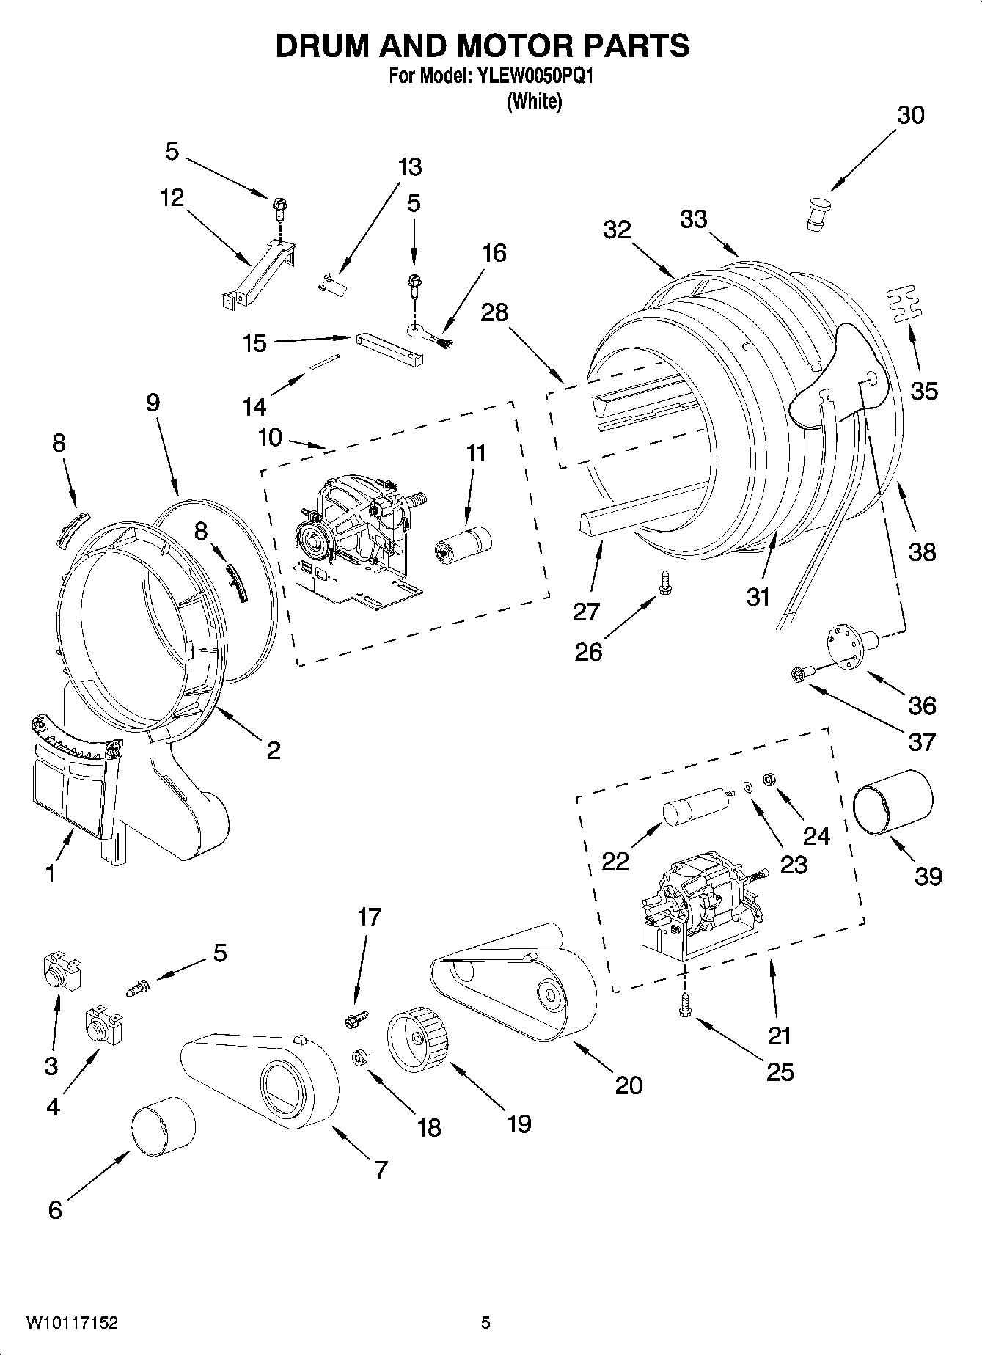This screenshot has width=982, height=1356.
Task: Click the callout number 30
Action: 911,115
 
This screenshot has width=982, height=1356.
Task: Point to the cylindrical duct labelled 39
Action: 893,802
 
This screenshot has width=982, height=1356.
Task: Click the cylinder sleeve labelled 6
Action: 164,1129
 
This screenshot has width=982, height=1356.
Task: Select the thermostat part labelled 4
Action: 102,1024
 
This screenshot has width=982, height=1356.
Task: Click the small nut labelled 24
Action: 769,779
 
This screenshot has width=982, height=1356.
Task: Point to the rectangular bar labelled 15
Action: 390,351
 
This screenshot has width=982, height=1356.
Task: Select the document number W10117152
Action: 72,1322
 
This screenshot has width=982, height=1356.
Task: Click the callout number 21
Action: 779,1035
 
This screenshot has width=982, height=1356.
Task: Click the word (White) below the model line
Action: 535,101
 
